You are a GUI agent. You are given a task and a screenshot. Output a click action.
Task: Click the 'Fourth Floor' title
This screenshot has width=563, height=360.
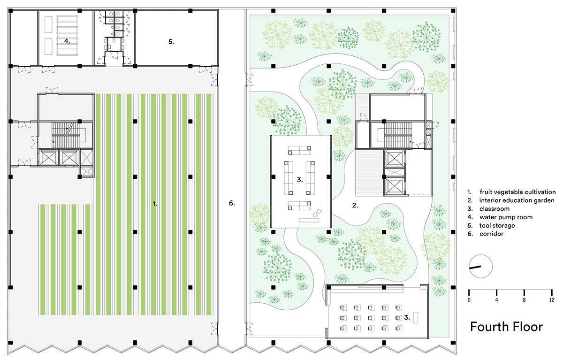tap(506, 327)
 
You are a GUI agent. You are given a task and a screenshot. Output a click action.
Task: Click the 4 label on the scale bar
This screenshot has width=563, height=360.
tap(496, 299)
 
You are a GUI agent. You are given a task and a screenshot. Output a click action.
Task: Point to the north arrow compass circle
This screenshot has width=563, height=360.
tap(480, 267)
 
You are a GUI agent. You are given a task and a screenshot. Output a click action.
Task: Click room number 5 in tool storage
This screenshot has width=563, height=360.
tap(171, 42)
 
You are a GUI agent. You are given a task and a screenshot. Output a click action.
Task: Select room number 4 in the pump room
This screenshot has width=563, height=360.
tap(67, 41)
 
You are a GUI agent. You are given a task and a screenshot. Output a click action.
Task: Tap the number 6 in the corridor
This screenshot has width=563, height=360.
tap(232, 203)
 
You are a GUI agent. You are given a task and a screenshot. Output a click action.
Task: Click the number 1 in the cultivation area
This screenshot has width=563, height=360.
tap(154, 204)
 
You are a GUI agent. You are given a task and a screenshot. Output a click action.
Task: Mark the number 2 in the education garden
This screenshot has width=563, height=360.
tap(355, 206)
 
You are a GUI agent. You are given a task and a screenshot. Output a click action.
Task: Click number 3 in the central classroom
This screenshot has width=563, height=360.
tap(300, 180)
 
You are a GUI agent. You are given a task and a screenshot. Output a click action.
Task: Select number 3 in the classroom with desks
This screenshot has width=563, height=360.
tap(407, 317)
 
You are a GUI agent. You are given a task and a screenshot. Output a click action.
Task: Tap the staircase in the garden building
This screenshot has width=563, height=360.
tap(398, 135)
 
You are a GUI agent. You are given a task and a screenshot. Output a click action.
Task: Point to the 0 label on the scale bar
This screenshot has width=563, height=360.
tap(469, 299)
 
